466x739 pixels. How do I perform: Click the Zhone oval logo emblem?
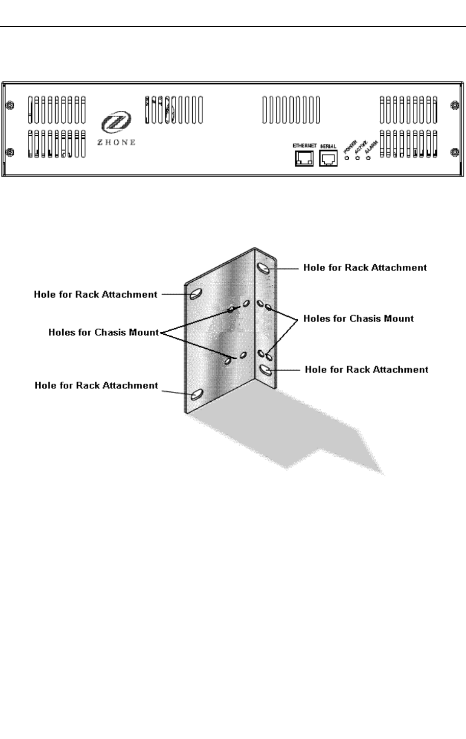111,122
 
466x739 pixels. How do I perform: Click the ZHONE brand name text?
116,142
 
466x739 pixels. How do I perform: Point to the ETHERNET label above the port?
304,146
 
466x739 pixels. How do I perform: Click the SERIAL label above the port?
328,146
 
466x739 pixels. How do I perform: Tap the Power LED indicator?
347,158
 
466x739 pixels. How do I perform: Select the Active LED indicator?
357,158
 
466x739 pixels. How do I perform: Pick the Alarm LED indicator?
368,158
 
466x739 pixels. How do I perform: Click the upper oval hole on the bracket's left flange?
196,294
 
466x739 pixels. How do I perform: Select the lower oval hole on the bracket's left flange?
196,394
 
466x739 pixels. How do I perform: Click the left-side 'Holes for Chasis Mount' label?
104,332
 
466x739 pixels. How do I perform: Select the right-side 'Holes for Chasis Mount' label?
358,318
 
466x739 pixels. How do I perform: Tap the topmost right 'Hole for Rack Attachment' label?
365,267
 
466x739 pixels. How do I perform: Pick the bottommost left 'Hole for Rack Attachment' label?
96,385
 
